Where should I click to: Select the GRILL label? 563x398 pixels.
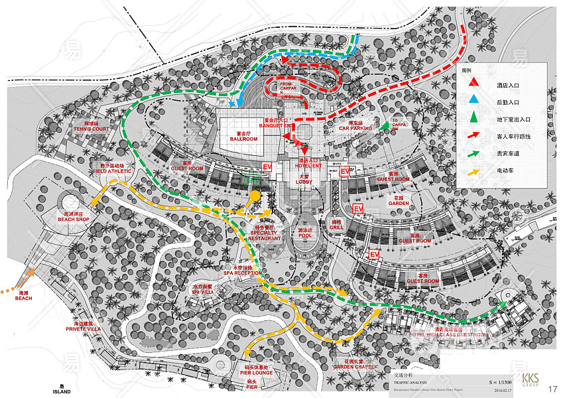(x=336, y=226)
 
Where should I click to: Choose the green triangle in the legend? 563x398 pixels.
(x=473, y=119)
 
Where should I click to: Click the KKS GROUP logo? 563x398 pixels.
(x=531, y=380)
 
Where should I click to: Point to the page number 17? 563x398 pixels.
(x=552, y=388)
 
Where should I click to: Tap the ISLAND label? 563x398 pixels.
(x=62, y=389)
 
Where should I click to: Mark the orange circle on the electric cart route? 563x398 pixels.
(x=254, y=195)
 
